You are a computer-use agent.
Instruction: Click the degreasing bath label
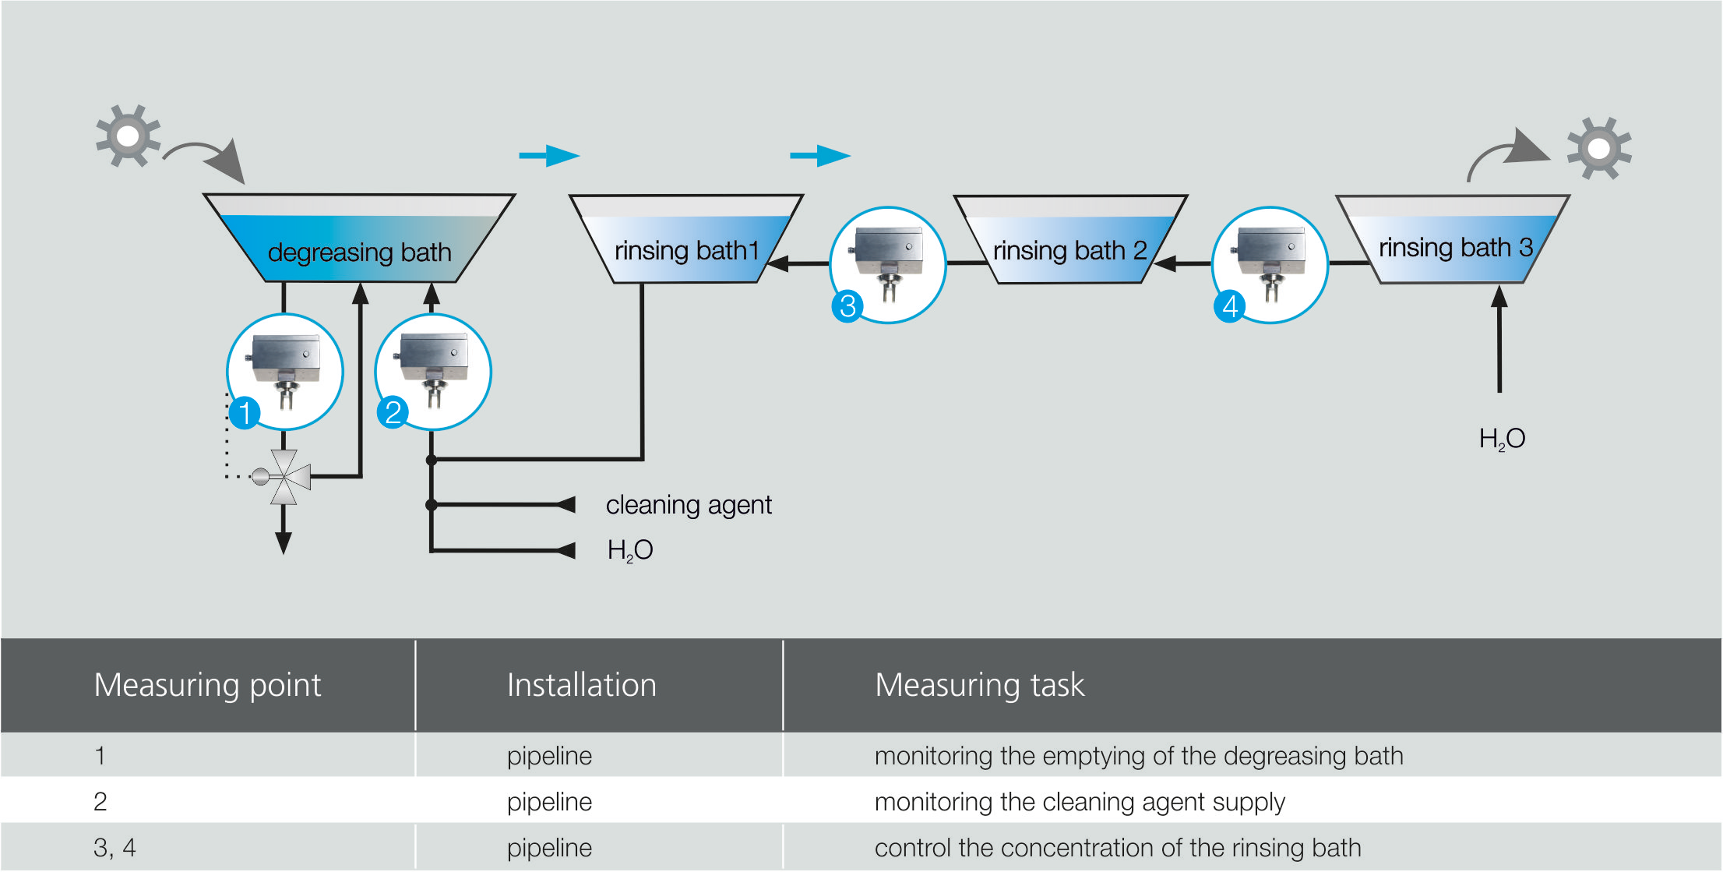click(359, 252)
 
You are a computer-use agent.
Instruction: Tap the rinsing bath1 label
click(686, 251)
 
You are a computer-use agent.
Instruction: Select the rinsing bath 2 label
click(1069, 251)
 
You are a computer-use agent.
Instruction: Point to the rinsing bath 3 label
click(1455, 248)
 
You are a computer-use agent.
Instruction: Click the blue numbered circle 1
click(245, 412)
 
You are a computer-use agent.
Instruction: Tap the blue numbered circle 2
click(393, 412)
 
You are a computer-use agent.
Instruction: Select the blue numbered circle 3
click(847, 305)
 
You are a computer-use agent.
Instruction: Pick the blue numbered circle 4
click(1229, 305)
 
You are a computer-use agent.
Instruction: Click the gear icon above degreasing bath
click(128, 136)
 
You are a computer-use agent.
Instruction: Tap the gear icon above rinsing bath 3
click(1598, 148)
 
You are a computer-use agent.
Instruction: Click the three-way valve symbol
click(285, 476)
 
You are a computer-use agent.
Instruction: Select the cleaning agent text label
click(689, 505)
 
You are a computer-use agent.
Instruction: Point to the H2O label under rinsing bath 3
click(1502, 439)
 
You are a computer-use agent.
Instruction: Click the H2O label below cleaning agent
click(629, 550)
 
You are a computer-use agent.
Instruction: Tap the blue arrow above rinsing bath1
click(549, 156)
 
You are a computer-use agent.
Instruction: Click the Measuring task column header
click(979, 685)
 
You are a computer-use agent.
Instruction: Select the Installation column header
click(581, 685)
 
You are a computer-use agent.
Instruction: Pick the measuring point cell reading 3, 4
click(115, 847)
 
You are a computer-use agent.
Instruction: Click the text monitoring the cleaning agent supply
click(1079, 801)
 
